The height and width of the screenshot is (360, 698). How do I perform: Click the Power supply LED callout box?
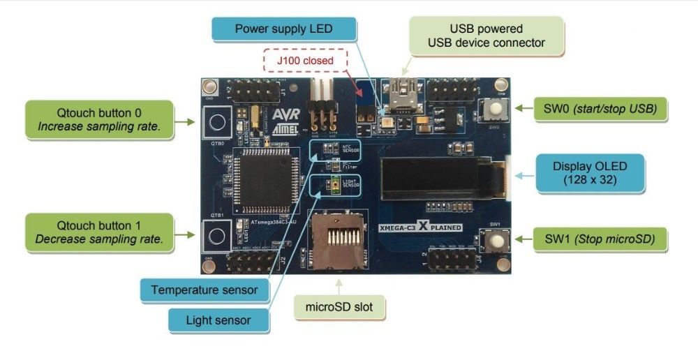pos(283,29)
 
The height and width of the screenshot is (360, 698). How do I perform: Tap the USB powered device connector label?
pos(486,36)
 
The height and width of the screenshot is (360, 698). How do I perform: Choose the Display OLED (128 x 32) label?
pos(590,173)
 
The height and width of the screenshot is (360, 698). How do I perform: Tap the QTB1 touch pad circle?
pos(216,236)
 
